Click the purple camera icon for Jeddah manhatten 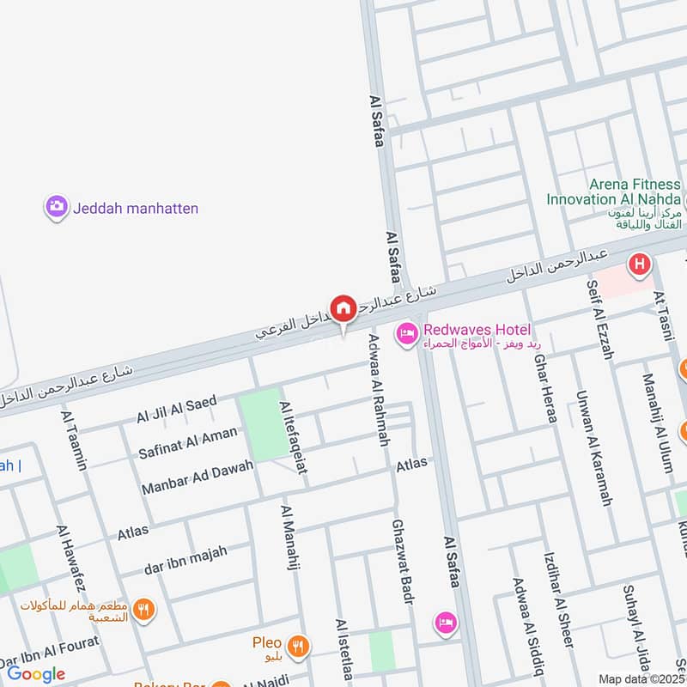57,207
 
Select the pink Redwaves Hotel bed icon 406,332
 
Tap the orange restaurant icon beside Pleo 298,646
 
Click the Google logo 35,674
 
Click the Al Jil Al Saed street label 176,409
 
